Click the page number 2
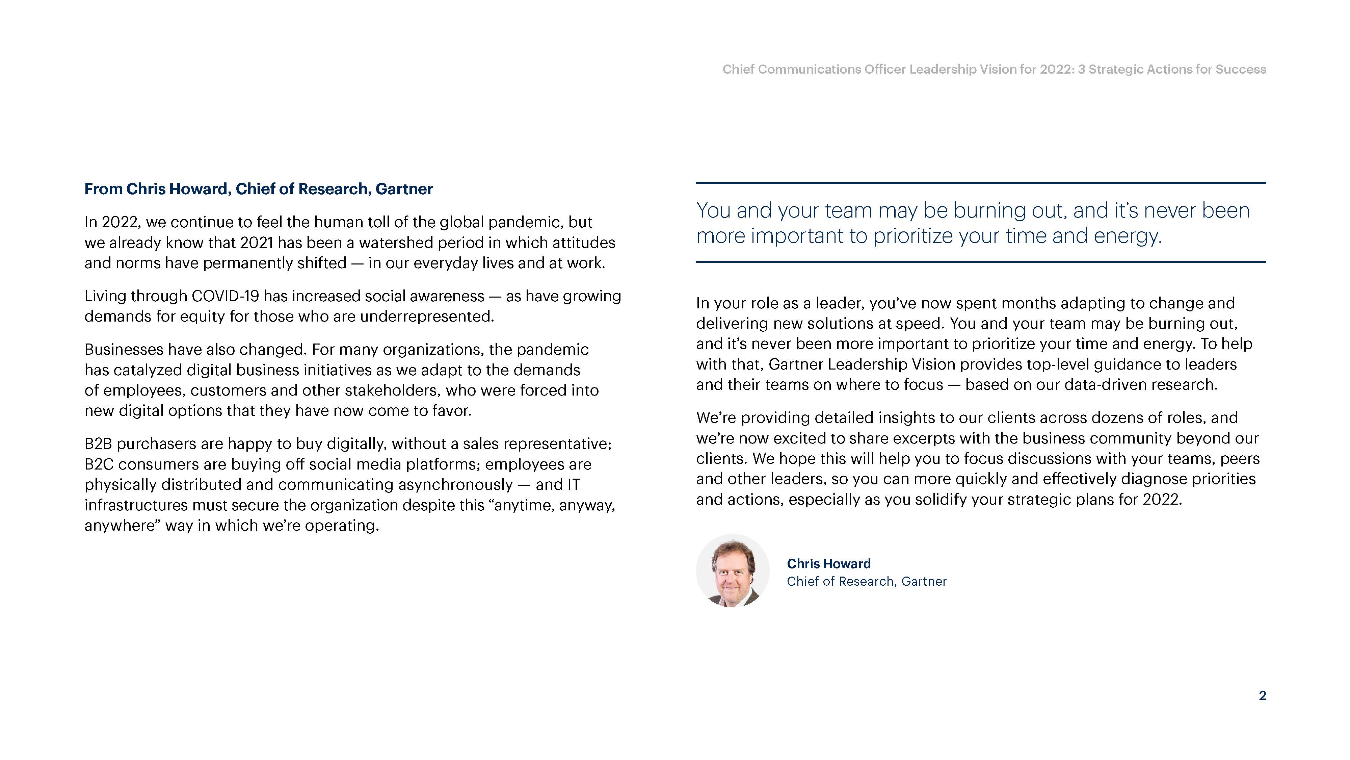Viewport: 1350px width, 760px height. [x=1262, y=695]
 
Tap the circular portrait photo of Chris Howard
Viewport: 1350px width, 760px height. [x=732, y=571]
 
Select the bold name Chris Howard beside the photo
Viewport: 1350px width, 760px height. [x=828, y=564]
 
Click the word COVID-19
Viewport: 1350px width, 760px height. [x=226, y=296]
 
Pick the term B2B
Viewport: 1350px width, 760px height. [x=98, y=444]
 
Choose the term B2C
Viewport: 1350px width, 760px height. [x=99, y=464]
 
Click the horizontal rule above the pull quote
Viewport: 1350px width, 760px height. [x=980, y=183]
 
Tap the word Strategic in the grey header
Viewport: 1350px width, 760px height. [x=1116, y=69]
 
